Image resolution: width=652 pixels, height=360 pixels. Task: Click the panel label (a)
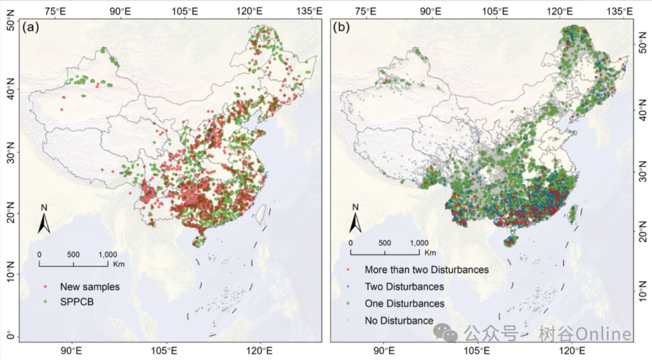pos(31,27)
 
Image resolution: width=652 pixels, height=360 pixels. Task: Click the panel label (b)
pos(342,27)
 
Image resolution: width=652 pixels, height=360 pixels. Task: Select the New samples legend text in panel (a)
pos(89,286)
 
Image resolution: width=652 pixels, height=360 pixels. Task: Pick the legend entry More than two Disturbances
pos(426,269)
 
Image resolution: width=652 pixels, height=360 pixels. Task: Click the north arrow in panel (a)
pos(44,220)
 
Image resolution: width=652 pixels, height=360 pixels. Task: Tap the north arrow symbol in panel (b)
pos(356,220)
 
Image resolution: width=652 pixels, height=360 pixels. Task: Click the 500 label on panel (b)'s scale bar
pos(384,243)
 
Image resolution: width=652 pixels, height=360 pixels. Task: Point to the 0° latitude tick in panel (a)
pos(10,336)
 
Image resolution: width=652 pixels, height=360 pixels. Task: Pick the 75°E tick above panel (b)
pos(365,10)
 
